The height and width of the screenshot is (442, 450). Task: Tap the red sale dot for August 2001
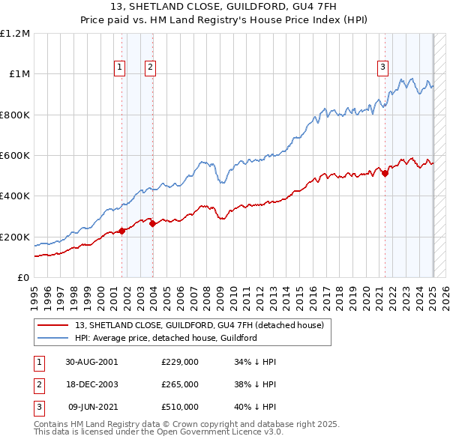pos(122,231)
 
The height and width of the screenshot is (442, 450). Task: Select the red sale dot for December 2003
pos(152,222)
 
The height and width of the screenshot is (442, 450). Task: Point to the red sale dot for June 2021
pos(385,173)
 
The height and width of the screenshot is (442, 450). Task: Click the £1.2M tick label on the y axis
pos(15,34)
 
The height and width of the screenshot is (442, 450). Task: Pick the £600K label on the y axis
pos(15,156)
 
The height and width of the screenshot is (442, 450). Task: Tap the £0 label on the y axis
pos(24,278)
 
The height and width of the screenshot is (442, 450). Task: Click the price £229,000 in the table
pos(180,362)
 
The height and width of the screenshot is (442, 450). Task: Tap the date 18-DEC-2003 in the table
pos(91,384)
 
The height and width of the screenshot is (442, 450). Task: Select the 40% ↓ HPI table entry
pos(255,407)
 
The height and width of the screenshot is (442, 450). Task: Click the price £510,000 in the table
pos(180,407)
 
